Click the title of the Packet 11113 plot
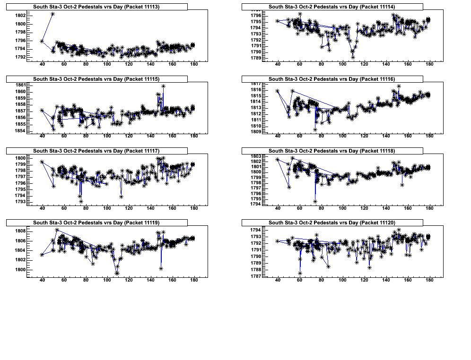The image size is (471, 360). pos(96,7)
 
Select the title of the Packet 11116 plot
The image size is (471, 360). pos(331,79)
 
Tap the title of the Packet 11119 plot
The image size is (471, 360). pos(96,223)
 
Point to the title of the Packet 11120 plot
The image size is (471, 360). pos(331,223)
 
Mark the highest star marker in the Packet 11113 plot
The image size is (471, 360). pos(52,14)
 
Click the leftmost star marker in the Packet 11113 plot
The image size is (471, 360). pos(42,41)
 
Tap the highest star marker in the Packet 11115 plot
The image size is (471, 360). pos(163,86)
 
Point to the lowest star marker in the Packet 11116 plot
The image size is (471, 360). pos(315,129)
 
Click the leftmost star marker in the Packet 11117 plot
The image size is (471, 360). pos(42,162)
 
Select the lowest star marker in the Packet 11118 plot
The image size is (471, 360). pos(315,201)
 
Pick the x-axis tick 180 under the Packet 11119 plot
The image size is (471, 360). pos(194,280)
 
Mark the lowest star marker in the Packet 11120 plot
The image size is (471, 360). pos(300,273)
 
